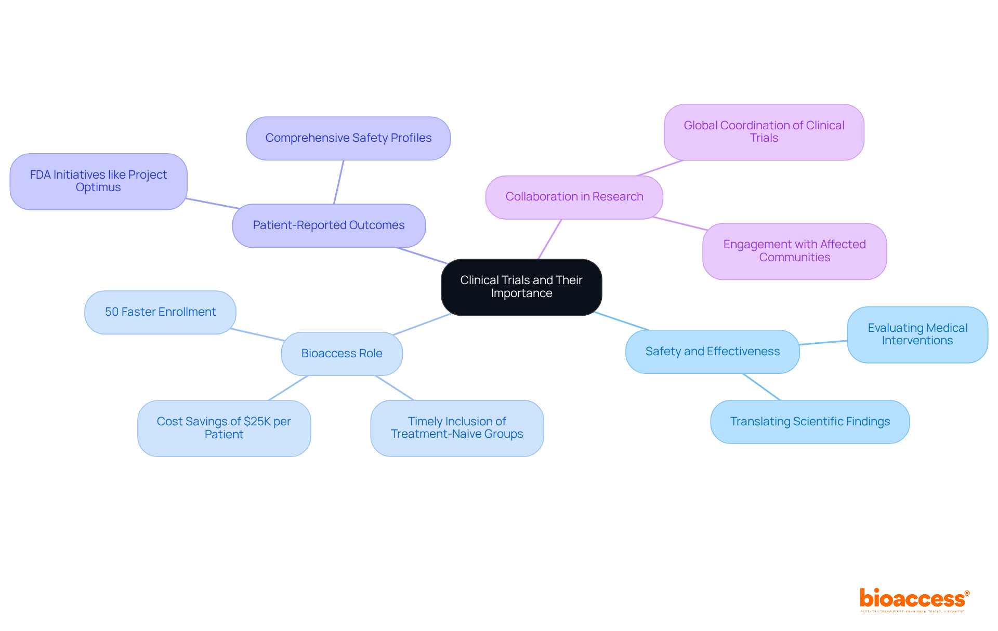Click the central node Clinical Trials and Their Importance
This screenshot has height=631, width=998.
521,287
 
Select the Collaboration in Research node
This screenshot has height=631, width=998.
574,197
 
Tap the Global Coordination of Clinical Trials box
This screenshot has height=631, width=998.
764,132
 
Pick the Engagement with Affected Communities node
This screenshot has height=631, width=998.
794,251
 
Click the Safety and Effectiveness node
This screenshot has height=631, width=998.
712,352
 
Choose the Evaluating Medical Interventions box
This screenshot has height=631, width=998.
917,334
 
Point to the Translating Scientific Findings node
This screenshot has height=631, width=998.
809,422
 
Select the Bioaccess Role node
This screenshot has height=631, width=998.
342,354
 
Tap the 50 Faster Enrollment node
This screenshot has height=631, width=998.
160,312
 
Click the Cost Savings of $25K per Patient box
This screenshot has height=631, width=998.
224,428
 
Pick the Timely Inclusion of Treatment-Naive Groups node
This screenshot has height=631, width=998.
457,428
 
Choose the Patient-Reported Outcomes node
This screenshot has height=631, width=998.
329,225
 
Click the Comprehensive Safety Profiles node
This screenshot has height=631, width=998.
348,138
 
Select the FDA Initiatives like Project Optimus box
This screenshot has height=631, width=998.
98,181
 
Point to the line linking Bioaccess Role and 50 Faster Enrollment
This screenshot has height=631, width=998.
257,334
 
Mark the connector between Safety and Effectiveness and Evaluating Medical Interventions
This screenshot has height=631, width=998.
823,342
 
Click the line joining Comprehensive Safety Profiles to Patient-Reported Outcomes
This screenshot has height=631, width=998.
338,182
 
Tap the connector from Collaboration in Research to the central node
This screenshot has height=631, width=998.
550,239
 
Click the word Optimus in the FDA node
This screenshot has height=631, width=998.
98,187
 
